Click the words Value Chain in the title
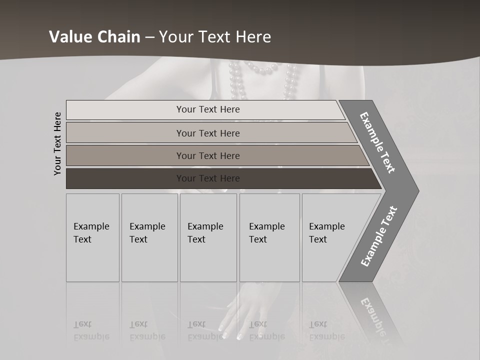point(94,37)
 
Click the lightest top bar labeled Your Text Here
point(207,109)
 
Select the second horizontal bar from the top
point(207,133)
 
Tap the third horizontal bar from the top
point(207,155)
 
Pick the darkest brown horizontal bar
point(207,178)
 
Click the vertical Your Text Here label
point(57,144)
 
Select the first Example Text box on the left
point(92,237)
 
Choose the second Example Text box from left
point(149,237)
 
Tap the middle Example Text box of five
point(208,237)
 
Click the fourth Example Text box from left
point(269,237)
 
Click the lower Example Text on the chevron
point(379,236)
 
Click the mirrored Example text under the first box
point(91,330)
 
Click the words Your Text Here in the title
point(215,37)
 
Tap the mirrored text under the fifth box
point(327,330)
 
